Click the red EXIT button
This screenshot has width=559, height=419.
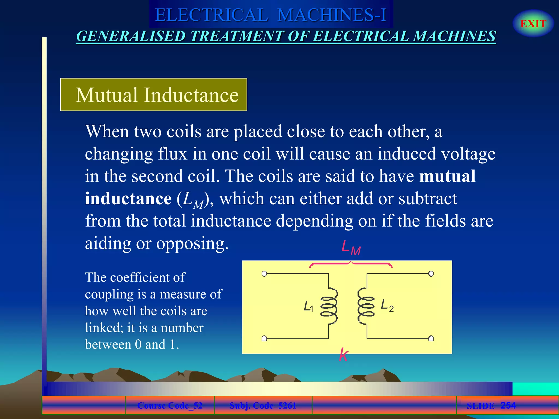pos(533,24)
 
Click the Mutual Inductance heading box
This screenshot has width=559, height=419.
pos(154,95)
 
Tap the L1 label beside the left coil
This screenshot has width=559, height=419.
pos(308,306)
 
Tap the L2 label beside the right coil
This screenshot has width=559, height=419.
pos(387,305)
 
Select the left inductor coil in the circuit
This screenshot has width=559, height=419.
pos(329,306)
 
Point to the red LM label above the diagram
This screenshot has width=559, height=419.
pos(351,248)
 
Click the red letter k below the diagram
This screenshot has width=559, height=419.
pos(343,355)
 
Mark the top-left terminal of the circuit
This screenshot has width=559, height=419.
pos(264,274)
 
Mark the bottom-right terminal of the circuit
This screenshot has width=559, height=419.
pos(431,339)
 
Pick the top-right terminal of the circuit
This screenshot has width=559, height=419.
pos(431,274)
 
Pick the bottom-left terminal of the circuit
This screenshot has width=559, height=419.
pos(264,339)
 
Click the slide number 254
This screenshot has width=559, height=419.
pos(508,405)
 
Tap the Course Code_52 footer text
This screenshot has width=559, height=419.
pos(170,406)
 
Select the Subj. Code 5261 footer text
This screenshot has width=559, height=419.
pos(263,406)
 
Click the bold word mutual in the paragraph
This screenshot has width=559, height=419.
pos(447,176)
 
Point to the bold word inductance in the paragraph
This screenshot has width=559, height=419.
pos(128,198)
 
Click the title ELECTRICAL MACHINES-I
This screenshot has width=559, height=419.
pos(270,15)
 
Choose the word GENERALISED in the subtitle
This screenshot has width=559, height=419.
pos(131,36)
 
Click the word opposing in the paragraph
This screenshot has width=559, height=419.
pos(192,243)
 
